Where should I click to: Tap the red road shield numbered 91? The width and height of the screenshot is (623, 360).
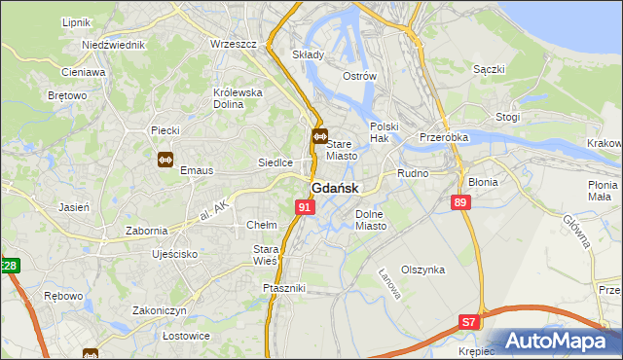coord(306,207)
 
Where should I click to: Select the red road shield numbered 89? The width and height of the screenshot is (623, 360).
coord(460,201)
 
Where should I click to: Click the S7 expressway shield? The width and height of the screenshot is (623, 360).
coord(469,322)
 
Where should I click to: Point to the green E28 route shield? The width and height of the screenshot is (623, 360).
coord(9,266)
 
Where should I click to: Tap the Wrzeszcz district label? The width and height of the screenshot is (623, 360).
coord(232,45)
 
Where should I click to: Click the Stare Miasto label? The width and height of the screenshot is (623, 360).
coord(342,150)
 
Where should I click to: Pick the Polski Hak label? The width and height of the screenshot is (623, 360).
coord(385,133)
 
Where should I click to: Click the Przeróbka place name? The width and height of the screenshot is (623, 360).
coord(444,137)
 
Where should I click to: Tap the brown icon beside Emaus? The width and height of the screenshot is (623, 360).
coord(165,160)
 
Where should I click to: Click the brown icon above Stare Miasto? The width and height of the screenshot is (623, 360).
coord(319,138)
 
